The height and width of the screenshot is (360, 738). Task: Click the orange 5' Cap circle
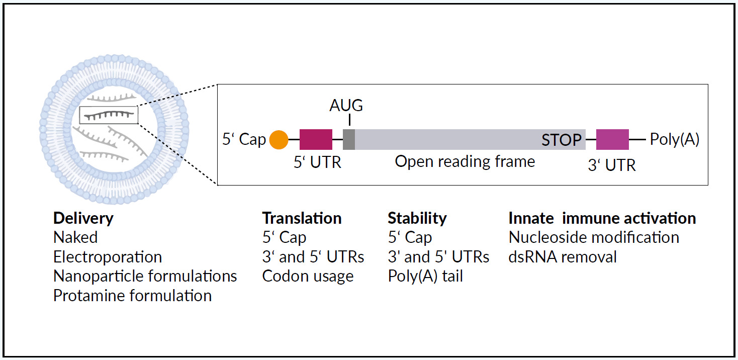279,139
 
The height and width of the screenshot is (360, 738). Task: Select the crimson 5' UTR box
316,139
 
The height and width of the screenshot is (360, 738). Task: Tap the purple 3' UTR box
612,139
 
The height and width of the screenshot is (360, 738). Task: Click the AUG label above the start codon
346,106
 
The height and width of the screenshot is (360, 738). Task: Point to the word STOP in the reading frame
562,140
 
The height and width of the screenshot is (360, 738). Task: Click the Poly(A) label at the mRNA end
675,139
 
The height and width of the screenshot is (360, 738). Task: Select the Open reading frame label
465,161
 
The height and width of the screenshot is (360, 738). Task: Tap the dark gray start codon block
349,139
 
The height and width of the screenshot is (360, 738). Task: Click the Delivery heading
83,218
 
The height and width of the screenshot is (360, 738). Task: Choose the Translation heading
302,218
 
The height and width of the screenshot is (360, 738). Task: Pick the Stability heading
417,218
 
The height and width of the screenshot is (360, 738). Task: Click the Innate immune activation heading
602,218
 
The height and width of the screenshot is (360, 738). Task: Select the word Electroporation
108,257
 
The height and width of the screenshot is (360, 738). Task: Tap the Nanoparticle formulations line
145,276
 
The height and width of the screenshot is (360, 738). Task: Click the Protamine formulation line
132,295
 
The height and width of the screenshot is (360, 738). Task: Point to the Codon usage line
308,276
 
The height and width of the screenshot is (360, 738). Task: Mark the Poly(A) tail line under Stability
425,276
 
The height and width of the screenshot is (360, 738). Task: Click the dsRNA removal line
563,257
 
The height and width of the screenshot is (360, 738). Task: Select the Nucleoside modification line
594,237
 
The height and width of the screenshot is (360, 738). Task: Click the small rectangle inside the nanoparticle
109,115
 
